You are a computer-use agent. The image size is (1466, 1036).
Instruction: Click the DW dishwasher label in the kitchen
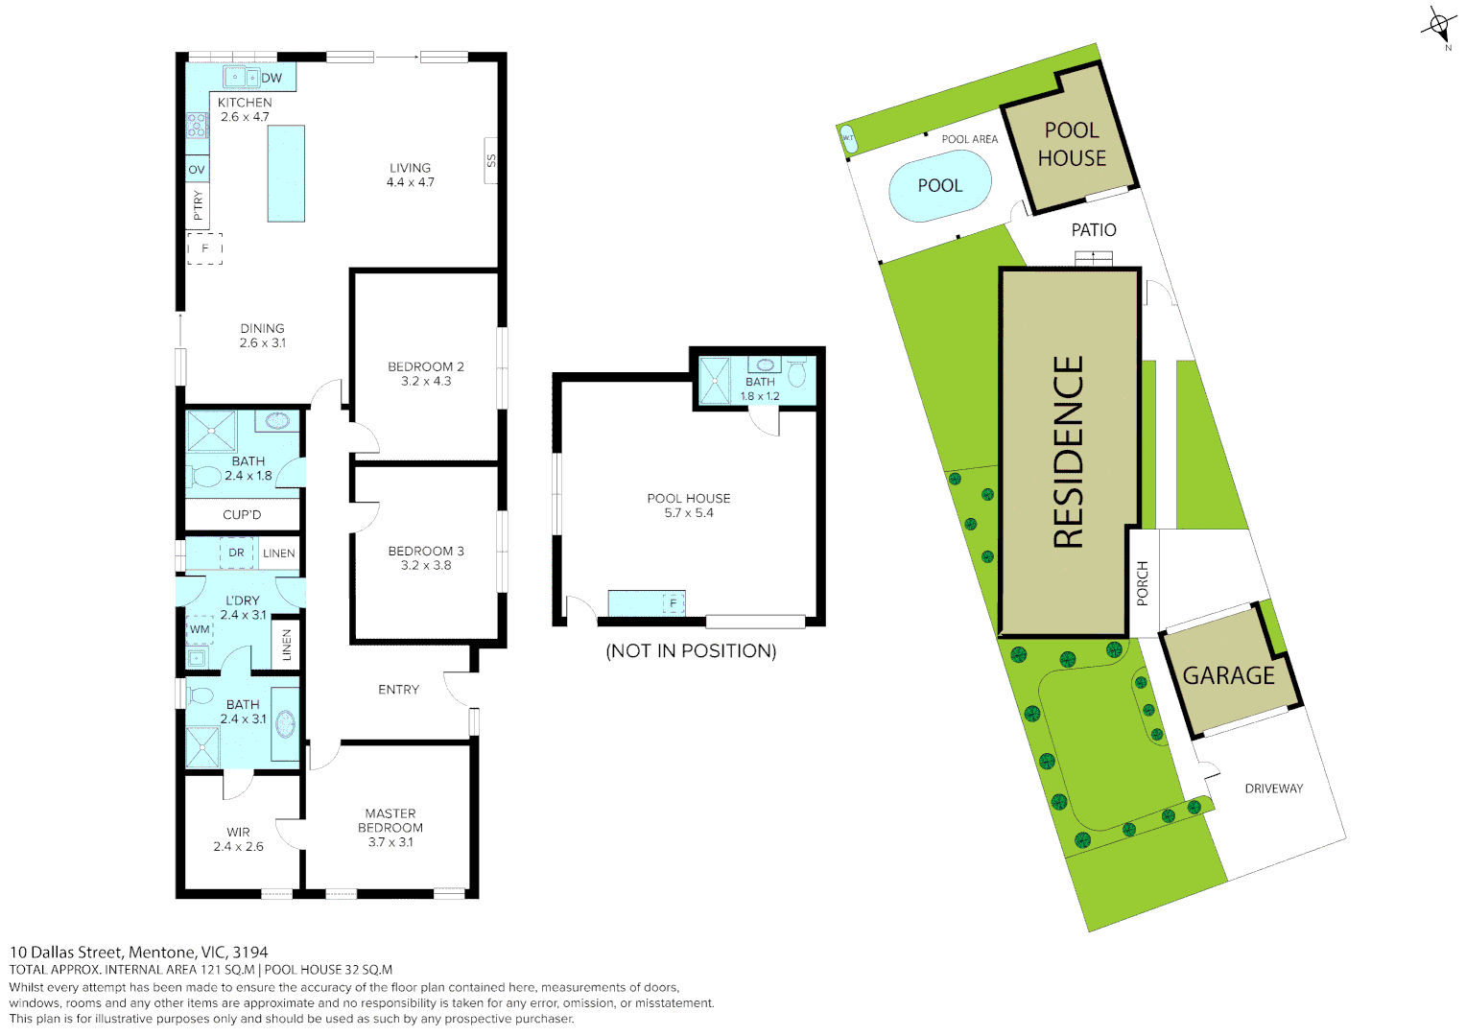pyautogui.click(x=272, y=78)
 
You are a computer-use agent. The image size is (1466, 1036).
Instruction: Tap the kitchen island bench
pyautogui.click(x=286, y=174)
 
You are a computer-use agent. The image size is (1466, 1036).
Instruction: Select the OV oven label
pyautogui.click(x=197, y=170)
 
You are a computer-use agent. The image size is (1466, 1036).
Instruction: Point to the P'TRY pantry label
pyautogui.click(x=198, y=205)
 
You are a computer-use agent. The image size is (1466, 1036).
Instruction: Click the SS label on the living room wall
pyautogui.click(x=491, y=161)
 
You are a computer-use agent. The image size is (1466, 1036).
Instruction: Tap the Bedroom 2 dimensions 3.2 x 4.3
pyautogui.click(x=426, y=382)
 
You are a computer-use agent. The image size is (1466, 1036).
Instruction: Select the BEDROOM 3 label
pyautogui.click(x=426, y=551)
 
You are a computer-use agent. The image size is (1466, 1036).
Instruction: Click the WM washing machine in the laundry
pyautogui.click(x=200, y=630)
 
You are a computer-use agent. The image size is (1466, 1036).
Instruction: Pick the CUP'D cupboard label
pyautogui.click(x=242, y=515)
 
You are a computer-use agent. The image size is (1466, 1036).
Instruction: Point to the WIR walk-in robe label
pyautogui.click(x=238, y=833)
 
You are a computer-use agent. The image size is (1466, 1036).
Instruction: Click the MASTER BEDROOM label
pyautogui.click(x=390, y=820)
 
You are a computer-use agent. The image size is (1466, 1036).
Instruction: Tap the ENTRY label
pyautogui.click(x=398, y=690)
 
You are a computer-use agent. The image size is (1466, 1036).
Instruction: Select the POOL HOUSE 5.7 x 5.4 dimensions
pyautogui.click(x=689, y=513)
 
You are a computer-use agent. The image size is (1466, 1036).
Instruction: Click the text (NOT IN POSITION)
pyautogui.click(x=691, y=651)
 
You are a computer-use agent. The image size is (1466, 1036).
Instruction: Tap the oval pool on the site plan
pyautogui.click(x=939, y=186)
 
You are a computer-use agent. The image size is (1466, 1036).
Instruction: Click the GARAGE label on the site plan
pyautogui.click(x=1228, y=676)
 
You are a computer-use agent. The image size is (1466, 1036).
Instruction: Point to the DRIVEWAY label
pyautogui.click(x=1273, y=789)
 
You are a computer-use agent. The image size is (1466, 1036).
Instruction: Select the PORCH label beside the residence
pyautogui.click(x=1143, y=583)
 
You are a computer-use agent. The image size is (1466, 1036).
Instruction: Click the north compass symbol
pyautogui.click(x=1439, y=25)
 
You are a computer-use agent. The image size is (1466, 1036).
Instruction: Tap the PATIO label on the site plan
pyautogui.click(x=1094, y=230)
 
